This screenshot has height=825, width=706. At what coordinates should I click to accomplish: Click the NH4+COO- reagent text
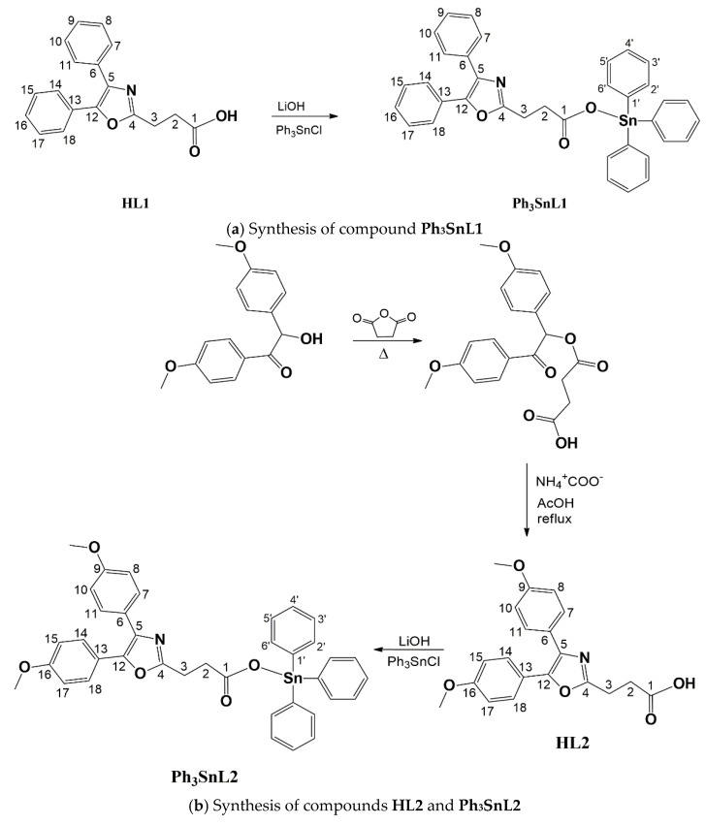coord(575,479)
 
